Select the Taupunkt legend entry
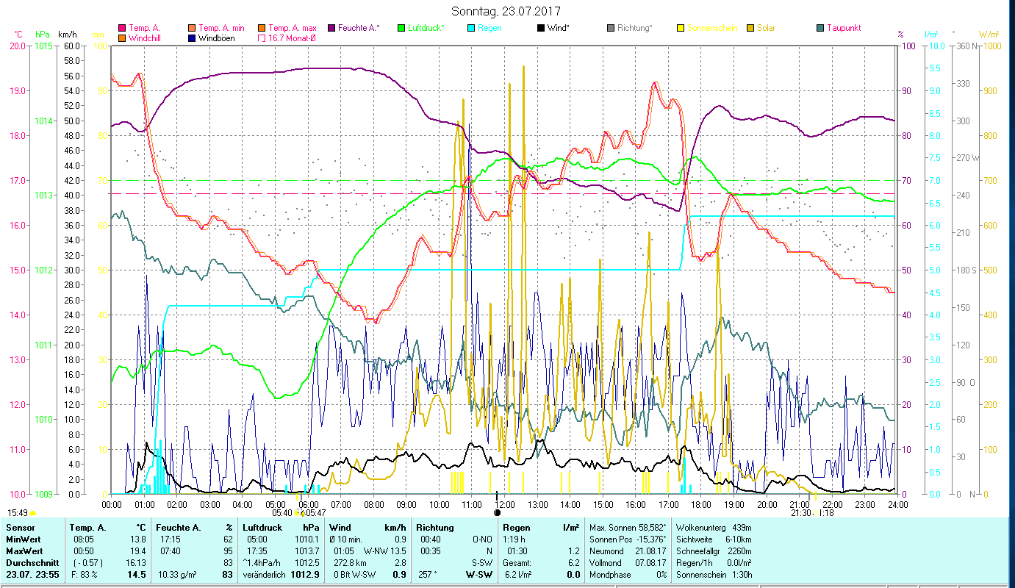coord(843,28)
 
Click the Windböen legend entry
coord(216,37)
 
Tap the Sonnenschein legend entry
coord(712,28)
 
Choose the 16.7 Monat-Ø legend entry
coord(292,37)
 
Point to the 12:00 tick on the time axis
coord(505,504)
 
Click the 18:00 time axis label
coord(701,504)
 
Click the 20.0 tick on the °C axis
coord(18,46)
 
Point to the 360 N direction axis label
coord(966,46)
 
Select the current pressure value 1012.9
coord(305,575)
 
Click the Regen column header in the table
coord(517,528)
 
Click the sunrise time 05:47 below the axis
coord(315,513)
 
